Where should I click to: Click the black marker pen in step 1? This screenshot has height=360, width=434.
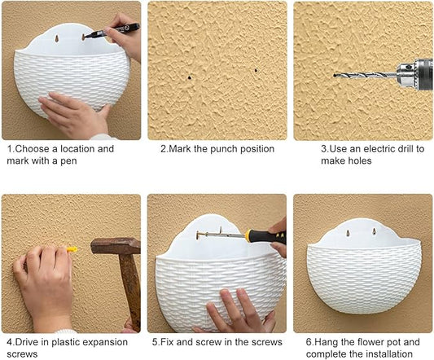click(112, 30)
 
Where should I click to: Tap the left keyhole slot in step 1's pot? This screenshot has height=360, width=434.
click(57, 38)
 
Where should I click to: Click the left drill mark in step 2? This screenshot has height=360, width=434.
click(190, 77)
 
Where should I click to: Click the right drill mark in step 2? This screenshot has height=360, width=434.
click(256, 71)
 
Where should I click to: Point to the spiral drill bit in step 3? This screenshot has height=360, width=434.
click(366, 75)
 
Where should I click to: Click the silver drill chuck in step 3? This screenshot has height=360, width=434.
click(407, 73)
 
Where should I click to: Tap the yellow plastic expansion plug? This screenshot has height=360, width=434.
click(72, 249)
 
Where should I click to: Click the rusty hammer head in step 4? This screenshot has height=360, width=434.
click(116, 246)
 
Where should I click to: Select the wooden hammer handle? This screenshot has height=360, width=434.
click(130, 291)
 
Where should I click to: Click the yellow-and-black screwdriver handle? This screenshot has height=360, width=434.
click(265, 236)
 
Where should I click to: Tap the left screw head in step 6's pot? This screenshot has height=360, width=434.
click(348, 233)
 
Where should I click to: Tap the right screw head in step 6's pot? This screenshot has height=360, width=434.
click(375, 231)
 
